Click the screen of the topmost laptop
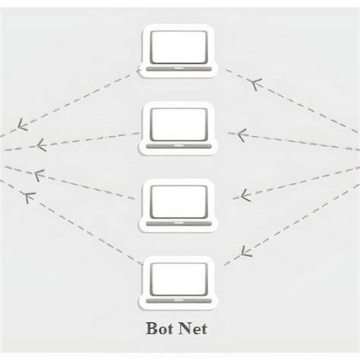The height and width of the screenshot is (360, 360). (179, 47)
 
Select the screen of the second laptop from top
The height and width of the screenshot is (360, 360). (179, 123)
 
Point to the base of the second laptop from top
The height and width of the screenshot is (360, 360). (179, 144)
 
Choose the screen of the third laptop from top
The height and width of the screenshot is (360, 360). (179, 200)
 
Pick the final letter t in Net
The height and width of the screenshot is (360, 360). (206, 330)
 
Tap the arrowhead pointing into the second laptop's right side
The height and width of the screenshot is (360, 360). (242, 135)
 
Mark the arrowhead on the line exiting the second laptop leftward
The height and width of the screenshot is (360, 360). (38, 144)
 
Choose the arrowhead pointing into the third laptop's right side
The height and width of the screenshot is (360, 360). (245, 195)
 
